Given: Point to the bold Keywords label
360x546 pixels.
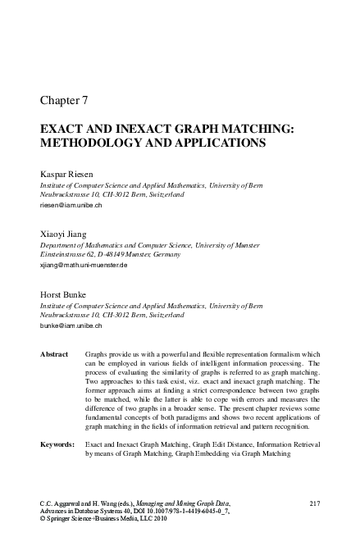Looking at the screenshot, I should tap(58, 444).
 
